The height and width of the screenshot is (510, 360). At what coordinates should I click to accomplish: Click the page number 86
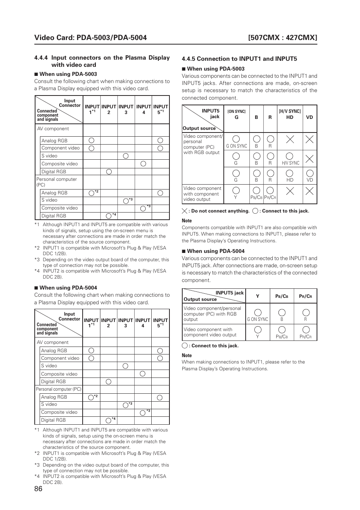tap(38, 489)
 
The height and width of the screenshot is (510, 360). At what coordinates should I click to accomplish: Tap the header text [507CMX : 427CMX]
tap(283, 37)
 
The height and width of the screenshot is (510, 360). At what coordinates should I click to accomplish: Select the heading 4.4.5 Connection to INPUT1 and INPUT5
tap(239, 59)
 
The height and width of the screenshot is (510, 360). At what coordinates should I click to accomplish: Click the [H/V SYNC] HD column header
tap(289, 114)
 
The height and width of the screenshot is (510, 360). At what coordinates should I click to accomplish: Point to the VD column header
tap(309, 117)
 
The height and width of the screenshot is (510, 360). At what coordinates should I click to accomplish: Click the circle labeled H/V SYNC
tap(290, 156)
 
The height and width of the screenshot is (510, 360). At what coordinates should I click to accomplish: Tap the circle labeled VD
tap(310, 173)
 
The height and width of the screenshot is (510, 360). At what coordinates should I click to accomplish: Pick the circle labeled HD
tap(290, 173)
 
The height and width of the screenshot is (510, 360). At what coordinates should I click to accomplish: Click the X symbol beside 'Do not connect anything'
tap(185, 211)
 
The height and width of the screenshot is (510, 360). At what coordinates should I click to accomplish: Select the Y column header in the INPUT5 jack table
tap(258, 296)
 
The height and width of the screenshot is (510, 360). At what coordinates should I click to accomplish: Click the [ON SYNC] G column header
tap(236, 114)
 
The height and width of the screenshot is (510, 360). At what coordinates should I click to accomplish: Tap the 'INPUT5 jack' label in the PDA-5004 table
tap(229, 293)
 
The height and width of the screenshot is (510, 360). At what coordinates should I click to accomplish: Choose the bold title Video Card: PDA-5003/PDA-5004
tap(91, 37)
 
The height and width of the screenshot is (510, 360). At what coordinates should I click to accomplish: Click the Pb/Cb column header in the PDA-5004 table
tap(282, 296)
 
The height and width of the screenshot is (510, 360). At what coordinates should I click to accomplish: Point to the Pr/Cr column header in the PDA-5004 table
tap(305, 296)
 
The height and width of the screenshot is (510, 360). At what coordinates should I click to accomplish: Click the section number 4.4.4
tap(41, 58)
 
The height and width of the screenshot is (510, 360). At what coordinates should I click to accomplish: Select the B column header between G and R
tap(256, 117)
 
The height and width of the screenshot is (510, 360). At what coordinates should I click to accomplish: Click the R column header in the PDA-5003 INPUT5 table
tap(270, 117)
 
